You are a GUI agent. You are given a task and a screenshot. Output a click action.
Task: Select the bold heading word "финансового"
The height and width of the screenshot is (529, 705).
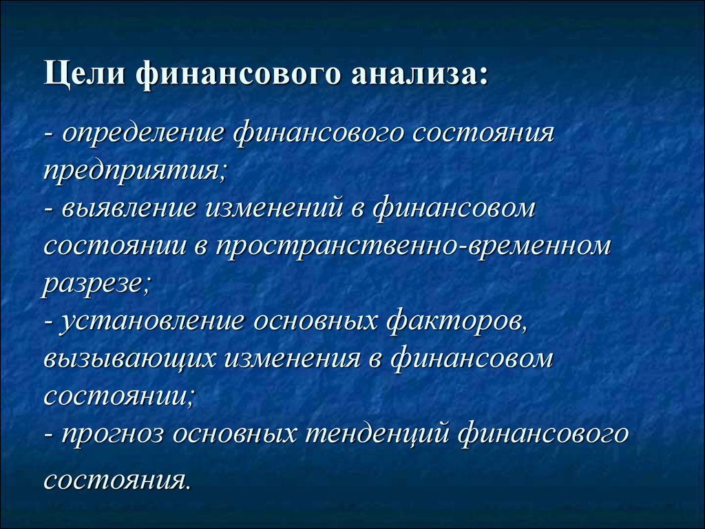point(238,74)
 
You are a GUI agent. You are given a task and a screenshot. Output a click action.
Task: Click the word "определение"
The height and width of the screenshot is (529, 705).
point(143,134)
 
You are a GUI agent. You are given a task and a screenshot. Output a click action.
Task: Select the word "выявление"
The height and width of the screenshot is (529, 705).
point(129,209)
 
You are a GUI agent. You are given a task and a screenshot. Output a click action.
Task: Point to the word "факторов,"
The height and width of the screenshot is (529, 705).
point(456,322)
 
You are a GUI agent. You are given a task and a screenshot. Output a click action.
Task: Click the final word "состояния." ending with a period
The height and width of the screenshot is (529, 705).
point(118,481)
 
